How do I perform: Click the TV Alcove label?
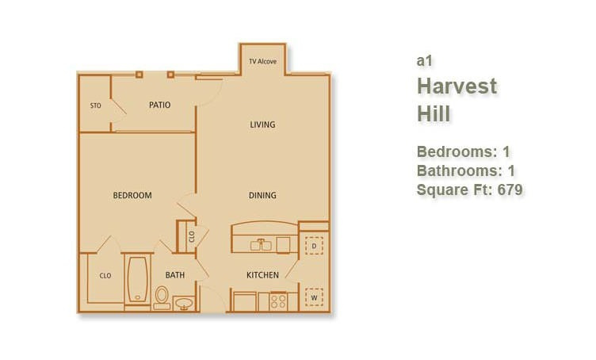coord(262,61)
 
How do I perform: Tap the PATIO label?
coord(159,105)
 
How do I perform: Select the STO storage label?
coord(96,105)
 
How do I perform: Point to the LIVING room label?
coord(262,124)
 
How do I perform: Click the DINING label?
coord(262,195)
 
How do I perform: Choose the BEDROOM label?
coord(132,195)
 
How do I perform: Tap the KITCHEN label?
coord(262,275)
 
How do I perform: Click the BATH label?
coord(175,275)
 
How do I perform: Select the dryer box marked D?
coord(314,246)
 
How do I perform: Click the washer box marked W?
coord(314,297)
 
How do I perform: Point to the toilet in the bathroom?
coord(162,297)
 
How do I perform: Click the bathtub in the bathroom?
coord(138,280)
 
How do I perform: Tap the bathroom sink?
coord(184,304)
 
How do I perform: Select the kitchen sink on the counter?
coord(261,245)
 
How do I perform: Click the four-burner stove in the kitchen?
coord(278,301)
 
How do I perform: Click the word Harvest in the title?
coord(457,86)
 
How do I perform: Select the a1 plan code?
coord(424,61)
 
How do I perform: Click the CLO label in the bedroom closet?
coord(105,276)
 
